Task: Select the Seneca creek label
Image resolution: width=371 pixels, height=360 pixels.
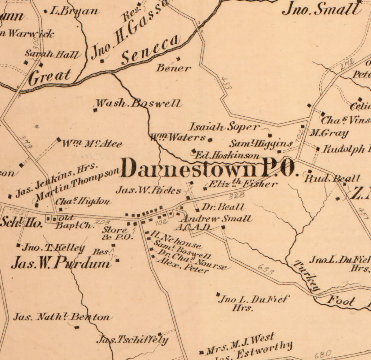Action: tap(151, 50)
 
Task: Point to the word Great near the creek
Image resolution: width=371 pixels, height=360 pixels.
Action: tap(50, 76)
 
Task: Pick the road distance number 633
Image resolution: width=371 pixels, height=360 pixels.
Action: tap(265, 269)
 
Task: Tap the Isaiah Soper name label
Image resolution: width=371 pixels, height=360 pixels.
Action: tap(224, 127)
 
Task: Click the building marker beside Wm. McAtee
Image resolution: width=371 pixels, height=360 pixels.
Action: tap(58, 139)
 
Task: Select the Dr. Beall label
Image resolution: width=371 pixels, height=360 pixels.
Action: tap(224, 207)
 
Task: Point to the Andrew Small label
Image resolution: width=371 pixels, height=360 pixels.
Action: tap(216, 219)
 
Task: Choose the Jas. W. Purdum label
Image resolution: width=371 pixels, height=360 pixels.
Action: tap(61, 263)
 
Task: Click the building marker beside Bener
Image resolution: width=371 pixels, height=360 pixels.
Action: tap(178, 58)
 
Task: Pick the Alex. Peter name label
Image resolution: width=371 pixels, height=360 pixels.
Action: tap(183, 265)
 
